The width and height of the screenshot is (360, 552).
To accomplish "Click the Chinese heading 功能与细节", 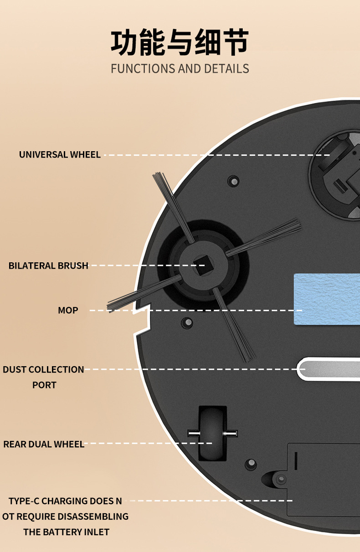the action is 180,43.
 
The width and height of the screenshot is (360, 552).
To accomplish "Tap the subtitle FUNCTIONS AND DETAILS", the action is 180,69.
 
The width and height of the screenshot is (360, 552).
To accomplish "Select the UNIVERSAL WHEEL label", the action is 60,154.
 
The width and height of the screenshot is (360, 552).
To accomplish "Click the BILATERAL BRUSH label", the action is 48,266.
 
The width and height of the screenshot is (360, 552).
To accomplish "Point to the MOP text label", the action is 68,310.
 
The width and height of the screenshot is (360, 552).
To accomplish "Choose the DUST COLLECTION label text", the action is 43,369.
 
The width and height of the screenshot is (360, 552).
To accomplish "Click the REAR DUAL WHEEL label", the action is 44,444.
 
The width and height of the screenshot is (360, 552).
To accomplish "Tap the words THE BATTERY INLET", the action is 67,532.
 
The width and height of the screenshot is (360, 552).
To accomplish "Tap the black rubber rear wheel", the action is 212,433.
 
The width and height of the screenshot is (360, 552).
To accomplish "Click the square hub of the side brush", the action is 199,265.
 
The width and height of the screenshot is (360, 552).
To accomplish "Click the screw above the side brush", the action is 233,181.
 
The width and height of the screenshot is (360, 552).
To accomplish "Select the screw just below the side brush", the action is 187,322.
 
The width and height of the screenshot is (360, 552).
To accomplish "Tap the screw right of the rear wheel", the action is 251,464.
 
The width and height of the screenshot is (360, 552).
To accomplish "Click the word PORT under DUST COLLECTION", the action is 44,385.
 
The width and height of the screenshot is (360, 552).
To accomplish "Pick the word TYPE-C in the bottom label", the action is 24,501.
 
